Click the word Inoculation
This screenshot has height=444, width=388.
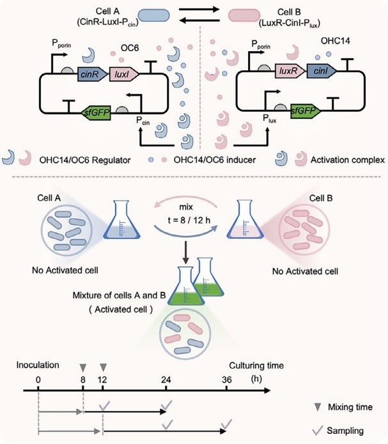pos(43,365)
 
